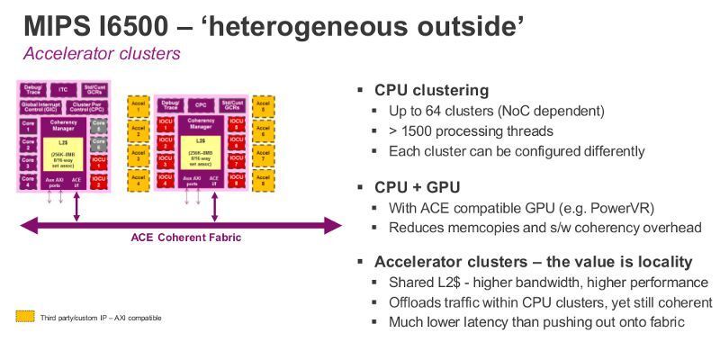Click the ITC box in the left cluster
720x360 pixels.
click(x=62, y=90)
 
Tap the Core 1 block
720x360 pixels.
click(x=28, y=127)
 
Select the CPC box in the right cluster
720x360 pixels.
click(x=201, y=104)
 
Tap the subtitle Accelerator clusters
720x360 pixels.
click(x=101, y=53)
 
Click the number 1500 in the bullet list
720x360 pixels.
click(x=421, y=131)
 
